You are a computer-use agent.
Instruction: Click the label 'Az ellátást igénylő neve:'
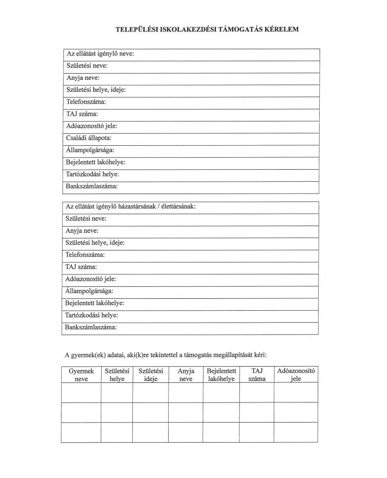(100, 54)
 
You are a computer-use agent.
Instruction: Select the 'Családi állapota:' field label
(89, 138)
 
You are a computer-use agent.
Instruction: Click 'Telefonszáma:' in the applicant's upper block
(86, 102)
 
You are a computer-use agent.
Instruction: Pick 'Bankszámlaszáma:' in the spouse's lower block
(91, 328)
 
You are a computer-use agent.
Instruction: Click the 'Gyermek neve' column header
(81, 375)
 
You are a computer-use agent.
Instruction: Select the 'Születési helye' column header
(117, 375)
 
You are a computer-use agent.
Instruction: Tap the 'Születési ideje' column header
(150, 375)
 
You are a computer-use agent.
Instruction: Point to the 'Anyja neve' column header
(186, 375)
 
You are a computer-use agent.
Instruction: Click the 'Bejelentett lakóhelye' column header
(221, 375)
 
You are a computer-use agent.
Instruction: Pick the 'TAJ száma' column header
(257, 375)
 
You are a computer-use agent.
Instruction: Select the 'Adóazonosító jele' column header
(296, 375)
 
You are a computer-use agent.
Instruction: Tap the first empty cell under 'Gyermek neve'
(81, 392)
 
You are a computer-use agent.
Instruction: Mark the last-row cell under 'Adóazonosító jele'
(296, 433)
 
